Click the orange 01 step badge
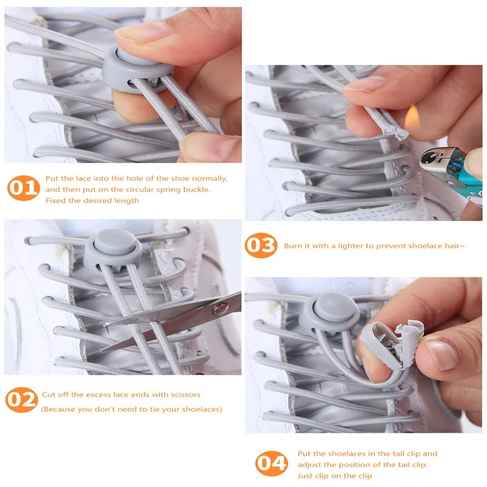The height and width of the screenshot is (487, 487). (x=24, y=187)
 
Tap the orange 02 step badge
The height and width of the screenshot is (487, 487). (x=22, y=400)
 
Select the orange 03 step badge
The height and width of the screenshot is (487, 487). (x=261, y=245)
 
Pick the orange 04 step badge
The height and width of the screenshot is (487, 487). (x=272, y=463)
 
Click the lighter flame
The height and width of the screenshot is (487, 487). (x=413, y=117)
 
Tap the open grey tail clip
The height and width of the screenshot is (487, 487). (x=392, y=344)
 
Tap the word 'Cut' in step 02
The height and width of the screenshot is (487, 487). (x=49, y=394)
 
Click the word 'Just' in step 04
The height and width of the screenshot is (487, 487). (x=305, y=476)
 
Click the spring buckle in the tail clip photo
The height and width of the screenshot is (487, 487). (x=329, y=313)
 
